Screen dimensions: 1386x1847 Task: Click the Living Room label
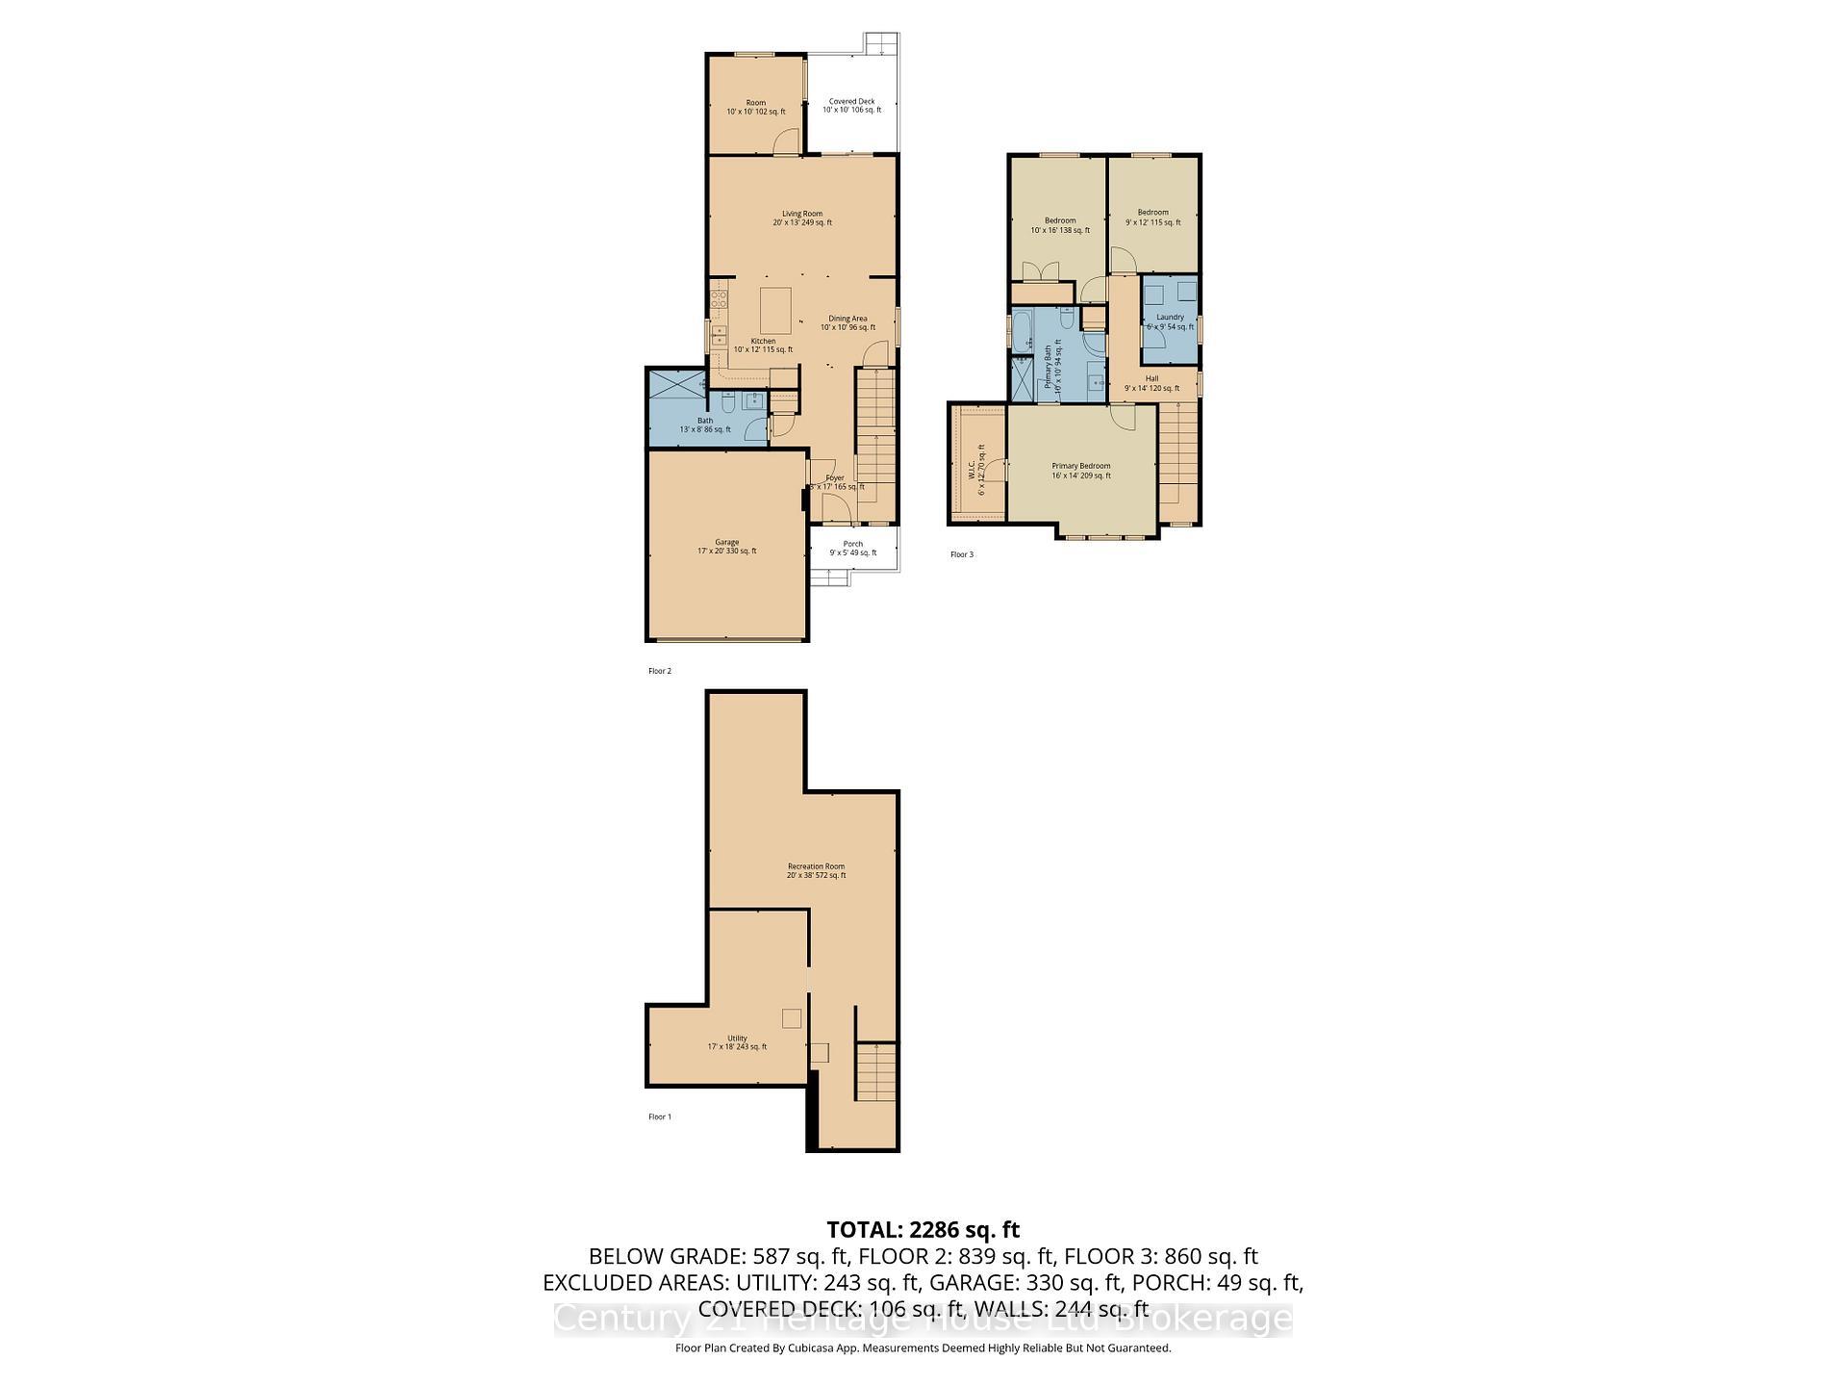(801, 218)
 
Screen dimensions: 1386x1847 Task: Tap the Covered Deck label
(851, 106)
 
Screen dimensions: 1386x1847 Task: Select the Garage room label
(726, 547)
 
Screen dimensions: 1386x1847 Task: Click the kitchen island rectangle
(776, 310)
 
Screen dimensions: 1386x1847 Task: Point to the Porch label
(852, 548)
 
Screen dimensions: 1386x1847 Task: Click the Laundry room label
(1170, 321)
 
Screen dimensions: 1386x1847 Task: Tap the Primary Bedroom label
(1080, 470)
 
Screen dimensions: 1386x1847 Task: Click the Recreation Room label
(816, 870)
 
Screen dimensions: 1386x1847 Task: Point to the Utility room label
(737, 1041)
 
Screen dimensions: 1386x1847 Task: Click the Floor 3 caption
(961, 554)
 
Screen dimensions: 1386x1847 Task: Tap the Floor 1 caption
(659, 1116)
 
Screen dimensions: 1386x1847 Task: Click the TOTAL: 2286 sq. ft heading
(923, 1229)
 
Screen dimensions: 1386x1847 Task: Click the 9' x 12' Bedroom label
(1152, 218)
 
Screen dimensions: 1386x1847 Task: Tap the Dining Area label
(848, 322)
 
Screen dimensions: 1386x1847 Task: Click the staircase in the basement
(876, 1071)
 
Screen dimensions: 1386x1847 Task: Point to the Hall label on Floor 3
(1151, 383)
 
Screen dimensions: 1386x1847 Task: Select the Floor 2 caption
(659, 671)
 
